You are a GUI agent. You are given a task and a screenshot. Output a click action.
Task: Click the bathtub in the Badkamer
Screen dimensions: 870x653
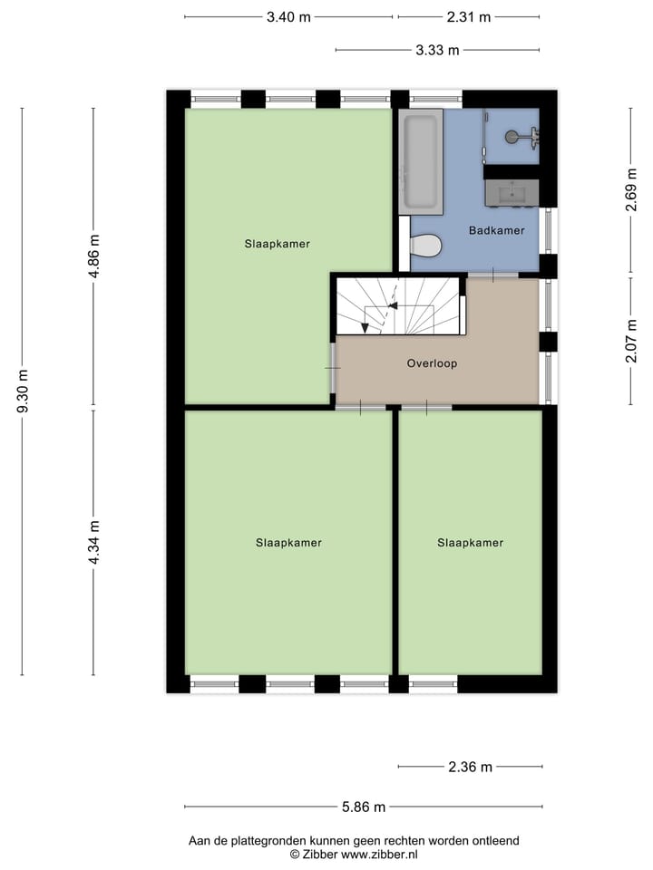pos(420,160)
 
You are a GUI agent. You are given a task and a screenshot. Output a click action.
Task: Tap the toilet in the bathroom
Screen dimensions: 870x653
pos(425,245)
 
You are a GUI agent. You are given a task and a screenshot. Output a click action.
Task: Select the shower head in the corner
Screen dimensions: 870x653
pos(514,137)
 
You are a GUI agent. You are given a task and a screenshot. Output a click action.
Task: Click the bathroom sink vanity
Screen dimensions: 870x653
pos(512,192)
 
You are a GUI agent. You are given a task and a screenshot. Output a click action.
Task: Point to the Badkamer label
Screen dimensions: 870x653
pos(496,230)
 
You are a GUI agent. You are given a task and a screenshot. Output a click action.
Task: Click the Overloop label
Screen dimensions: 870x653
pos(432,363)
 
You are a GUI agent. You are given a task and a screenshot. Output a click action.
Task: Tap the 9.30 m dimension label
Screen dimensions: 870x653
pos(23,391)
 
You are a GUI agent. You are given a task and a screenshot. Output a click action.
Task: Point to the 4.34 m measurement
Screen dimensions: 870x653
pos(93,543)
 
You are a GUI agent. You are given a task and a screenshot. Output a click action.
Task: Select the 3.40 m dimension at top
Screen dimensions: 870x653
pos(288,17)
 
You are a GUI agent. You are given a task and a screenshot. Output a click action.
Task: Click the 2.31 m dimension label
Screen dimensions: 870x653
pos(469,17)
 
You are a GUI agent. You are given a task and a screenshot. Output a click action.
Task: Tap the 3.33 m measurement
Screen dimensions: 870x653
pos(437,51)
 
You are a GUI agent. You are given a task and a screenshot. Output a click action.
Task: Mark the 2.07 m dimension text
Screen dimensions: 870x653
pos(630,341)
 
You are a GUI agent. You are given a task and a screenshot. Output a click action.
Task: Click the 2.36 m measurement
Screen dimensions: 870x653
pos(470,767)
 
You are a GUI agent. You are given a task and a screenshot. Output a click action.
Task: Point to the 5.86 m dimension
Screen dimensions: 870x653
pos(364,807)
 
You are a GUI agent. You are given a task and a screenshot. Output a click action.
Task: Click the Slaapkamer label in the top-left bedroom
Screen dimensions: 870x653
pos(278,244)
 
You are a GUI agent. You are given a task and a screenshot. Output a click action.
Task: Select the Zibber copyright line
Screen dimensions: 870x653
pos(354,854)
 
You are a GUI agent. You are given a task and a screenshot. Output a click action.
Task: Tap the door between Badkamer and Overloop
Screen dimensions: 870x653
pos(492,275)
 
